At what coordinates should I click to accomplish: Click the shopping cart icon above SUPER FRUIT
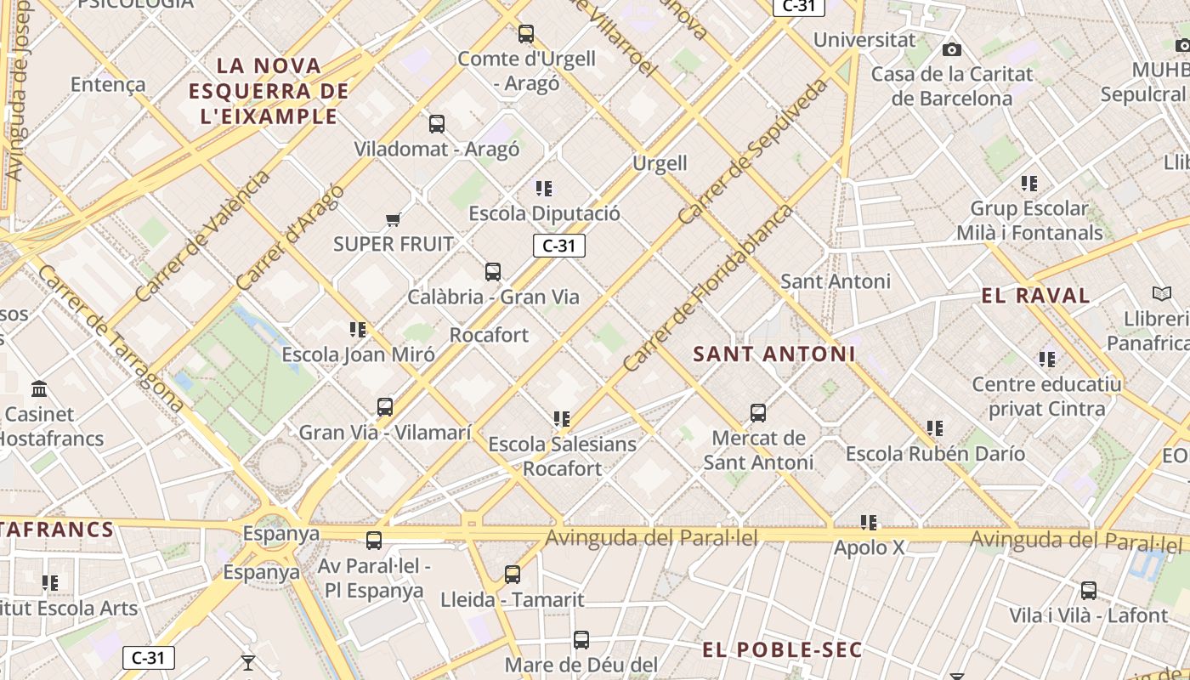point(393,220)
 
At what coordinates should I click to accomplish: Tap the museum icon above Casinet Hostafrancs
point(39,389)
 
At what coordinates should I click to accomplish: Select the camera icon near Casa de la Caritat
point(952,49)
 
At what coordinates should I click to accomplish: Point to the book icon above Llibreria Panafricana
point(1161,293)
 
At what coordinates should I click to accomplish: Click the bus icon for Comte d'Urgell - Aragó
point(526,34)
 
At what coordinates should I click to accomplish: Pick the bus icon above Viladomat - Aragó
point(437,124)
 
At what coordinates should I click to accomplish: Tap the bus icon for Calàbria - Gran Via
point(493,272)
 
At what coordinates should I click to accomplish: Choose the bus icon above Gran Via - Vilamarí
point(385,407)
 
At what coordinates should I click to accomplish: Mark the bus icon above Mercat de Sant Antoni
point(758,413)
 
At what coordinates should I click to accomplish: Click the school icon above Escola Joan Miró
point(358,329)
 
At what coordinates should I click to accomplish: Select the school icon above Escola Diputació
point(544,188)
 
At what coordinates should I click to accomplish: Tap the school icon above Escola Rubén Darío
point(935,428)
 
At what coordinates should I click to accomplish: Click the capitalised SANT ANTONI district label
point(773,354)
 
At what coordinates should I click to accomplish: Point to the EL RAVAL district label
point(1035,296)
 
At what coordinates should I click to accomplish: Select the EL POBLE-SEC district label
point(782,650)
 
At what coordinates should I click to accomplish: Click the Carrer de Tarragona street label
point(110,338)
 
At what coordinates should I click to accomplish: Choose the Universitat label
point(864,40)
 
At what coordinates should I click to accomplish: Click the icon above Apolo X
point(868,522)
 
